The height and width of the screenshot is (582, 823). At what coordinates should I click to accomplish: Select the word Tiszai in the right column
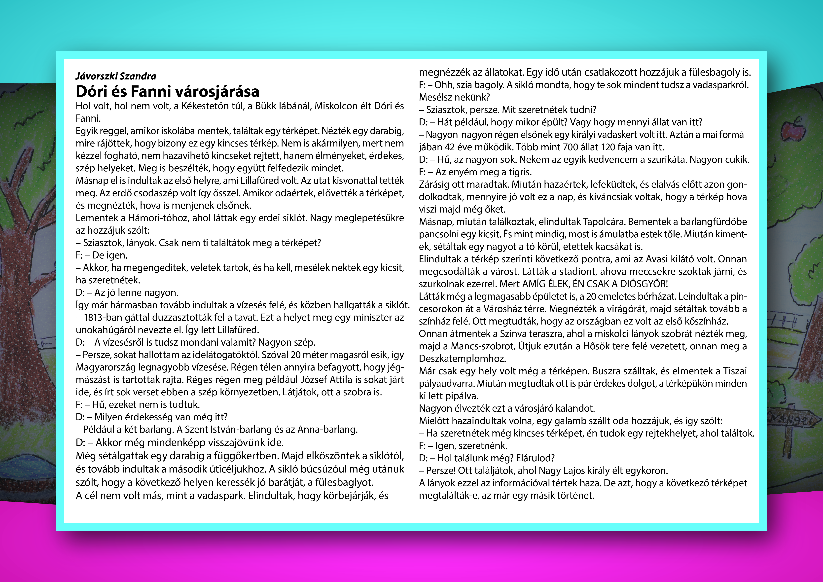tap(735, 371)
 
